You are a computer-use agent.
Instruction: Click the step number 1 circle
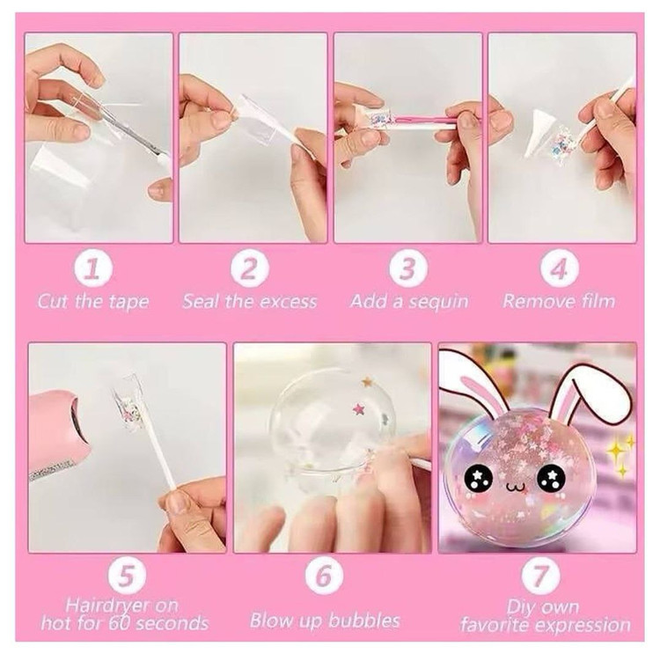tap(93, 268)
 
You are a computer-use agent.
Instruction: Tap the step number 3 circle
tap(408, 268)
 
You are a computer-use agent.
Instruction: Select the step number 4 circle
tap(560, 268)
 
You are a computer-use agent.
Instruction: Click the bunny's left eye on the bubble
tap(479, 479)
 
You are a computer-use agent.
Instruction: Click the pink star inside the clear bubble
tap(360, 408)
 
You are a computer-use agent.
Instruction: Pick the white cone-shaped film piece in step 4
tap(537, 134)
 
